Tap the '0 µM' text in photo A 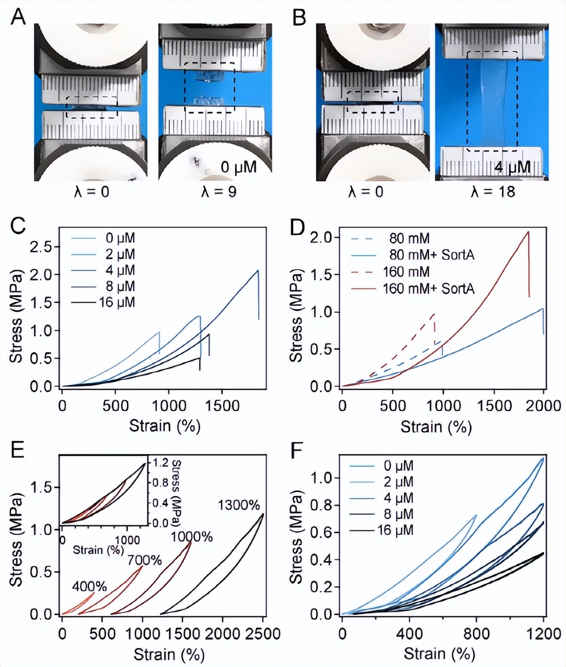[x=238, y=167]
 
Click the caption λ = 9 [x=217, y=192]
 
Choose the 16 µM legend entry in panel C [x=117, y=302]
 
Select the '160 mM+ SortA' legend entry [x=428, y=289]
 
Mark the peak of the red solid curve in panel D [x=528, y=232]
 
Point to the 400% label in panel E [x=90, y=586]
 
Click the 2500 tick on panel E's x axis [x=262, y=634]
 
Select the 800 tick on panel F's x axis [x=476, y=634]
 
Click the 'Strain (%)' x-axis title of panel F [x=439, y=654]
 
